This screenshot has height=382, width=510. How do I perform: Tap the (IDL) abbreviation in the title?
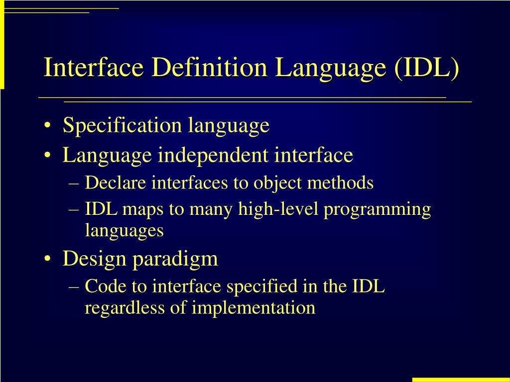click(x=427, y=68)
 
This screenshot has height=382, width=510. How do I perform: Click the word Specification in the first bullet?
click(x=122, y=125)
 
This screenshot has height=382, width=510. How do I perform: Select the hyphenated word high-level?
click(x=279, y=209)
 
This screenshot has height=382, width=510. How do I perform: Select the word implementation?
click(x=254, y=308)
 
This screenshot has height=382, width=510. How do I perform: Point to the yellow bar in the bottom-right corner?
click(x=461, y=380)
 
